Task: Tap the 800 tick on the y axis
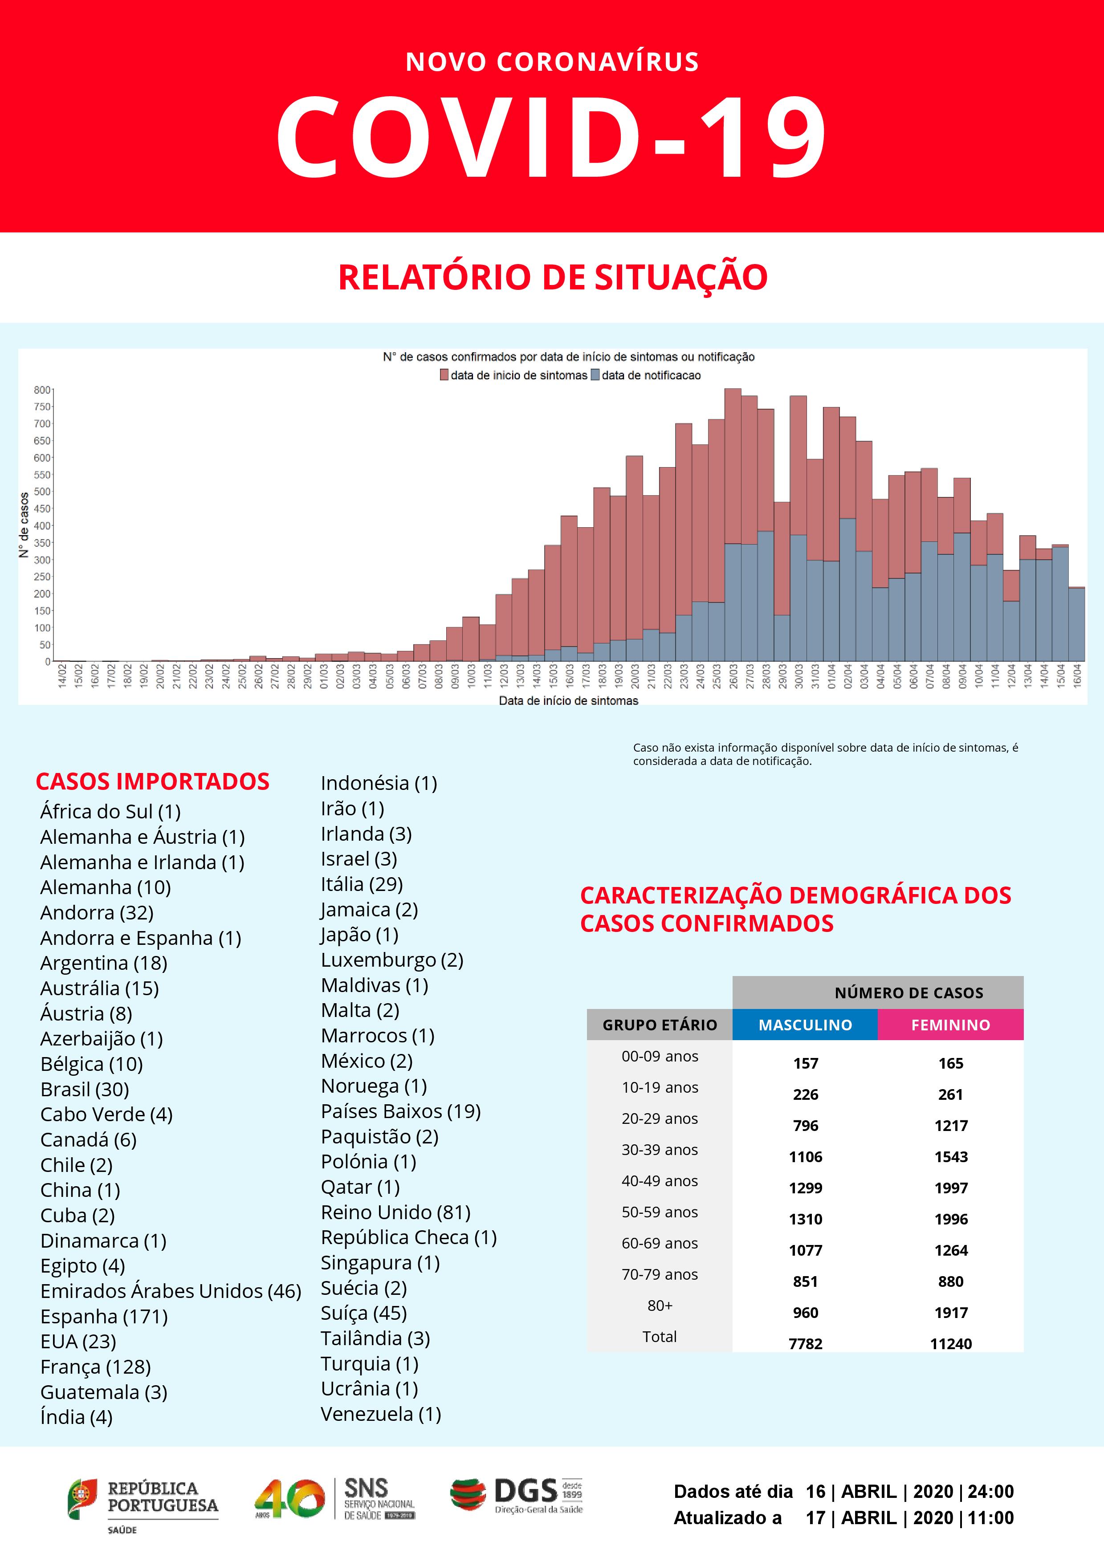click(42, 390)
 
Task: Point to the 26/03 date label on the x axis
click(733, 677)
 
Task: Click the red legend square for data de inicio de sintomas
click(444, 375)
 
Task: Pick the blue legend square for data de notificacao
click(595, 375)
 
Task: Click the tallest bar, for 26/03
click(733, 524)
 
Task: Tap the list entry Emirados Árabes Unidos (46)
click(170, 1290)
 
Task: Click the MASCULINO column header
click(805, 1025)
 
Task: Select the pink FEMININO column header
click(950, 1025)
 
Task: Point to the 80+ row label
click(659, 1305)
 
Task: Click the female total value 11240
click(950, 1344)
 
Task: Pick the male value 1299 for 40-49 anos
click(805, 1188)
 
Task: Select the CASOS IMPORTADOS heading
click(152, 781)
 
